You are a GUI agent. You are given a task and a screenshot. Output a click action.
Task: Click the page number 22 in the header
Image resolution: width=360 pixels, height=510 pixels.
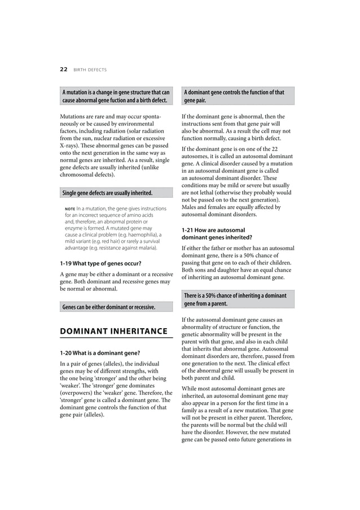[63, 69]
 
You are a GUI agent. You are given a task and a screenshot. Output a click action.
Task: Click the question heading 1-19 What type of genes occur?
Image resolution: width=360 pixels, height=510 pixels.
[100, 263]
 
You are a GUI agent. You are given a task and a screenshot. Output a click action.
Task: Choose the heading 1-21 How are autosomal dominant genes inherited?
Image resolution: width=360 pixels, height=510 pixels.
[217, 234]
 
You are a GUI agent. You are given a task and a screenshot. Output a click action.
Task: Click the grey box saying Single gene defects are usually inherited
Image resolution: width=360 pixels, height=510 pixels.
[116, 193]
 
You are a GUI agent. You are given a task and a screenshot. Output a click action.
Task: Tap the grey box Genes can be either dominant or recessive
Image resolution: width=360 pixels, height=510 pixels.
[116, 307]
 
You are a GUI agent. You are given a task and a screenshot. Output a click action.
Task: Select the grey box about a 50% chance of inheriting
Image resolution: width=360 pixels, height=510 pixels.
[238, 299]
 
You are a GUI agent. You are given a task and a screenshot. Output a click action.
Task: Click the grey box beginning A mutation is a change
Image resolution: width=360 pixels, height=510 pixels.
[116, 96]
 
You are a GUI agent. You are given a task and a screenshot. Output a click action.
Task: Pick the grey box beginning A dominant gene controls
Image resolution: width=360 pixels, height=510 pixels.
[238, 96]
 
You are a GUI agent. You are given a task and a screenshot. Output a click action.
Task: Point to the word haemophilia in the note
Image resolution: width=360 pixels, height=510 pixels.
[146, 234]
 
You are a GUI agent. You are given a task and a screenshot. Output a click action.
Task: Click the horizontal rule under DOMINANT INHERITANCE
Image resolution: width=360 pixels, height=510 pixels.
[116, 338]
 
